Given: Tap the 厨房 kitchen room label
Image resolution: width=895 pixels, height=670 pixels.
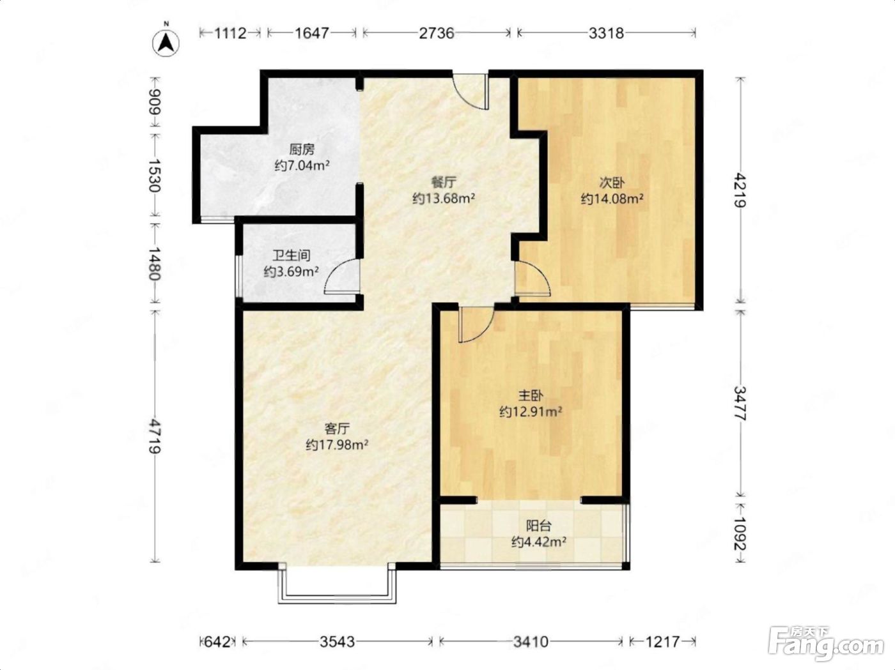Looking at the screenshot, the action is point(302,150).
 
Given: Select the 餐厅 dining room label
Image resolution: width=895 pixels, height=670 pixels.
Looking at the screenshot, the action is point(444,182).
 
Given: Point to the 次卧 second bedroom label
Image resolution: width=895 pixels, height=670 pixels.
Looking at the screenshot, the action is point(612,183).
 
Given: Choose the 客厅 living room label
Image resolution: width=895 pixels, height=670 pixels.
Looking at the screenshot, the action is point(337,429).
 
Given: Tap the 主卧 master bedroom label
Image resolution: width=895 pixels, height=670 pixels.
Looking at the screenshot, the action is point(531,395).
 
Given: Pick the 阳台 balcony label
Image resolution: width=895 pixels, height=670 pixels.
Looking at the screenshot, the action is point(539,526).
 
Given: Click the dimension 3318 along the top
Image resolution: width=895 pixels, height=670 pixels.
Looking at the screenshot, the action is point(606,33).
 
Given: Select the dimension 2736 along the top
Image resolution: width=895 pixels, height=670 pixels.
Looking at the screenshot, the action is point(436,33).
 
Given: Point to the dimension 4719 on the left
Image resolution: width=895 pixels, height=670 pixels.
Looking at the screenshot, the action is point(155,436).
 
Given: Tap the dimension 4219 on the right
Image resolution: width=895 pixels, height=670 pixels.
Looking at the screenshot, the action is point(740,190).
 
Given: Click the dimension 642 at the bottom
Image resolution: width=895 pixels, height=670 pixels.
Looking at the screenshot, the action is point(217,642).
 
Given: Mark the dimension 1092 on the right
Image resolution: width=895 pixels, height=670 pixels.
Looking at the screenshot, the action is point(740,533).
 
